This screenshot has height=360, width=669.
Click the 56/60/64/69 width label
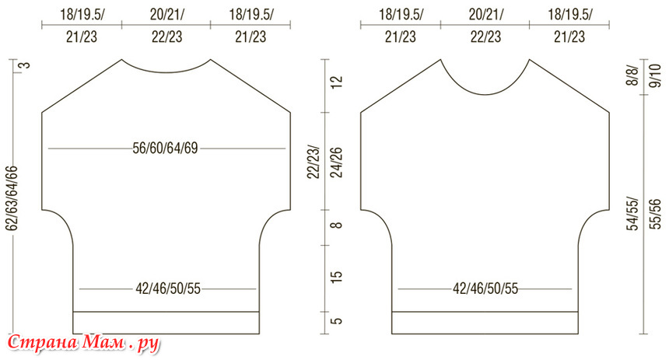pyautogui.click(x=165, y=149)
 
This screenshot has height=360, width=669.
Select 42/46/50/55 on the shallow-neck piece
pyautogui.click(x=168, y=288)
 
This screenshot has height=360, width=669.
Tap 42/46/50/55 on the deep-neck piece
pyautogui.click(x=485, y=288)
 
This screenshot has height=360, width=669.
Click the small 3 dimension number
pyautogui.click(x=26, y=65)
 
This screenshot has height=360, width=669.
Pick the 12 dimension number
pyautogui.click(x=337, y=82)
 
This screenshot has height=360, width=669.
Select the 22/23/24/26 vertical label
pyautogui.click(x=324, y=162)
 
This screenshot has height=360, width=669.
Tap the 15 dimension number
pyautogui.click(x=337, y=275)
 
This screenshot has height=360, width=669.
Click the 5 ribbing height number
pyautogui.click(x=337, y=320)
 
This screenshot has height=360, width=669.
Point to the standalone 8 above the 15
pyautogui.click(x=337, y=225)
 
